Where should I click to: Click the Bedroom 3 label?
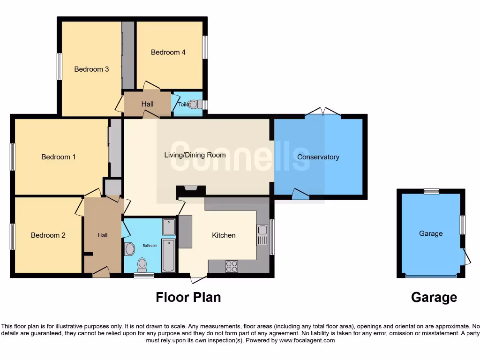(x=91, y=69)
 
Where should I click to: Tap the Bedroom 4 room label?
(x=168, y=52)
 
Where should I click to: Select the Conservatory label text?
(x=318, y=157)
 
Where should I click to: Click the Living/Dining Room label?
(x=195, y=155)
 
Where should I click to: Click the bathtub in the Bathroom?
(x=168, y=255)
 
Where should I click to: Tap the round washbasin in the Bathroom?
(x=130, y=249)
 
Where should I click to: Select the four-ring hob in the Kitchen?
(x=232, y=266)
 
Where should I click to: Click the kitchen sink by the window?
(x=262, y=235)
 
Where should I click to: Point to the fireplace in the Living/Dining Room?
(x=190, y=190)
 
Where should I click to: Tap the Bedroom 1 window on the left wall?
(x=13, y=157)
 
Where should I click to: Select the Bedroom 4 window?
(x=205, y=47)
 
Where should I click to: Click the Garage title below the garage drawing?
(x=434, y=297)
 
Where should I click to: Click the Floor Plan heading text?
(x=188, y=297)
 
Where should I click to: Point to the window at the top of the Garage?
(x=431, y=191)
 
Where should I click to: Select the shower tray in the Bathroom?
(x=168, y=227)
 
